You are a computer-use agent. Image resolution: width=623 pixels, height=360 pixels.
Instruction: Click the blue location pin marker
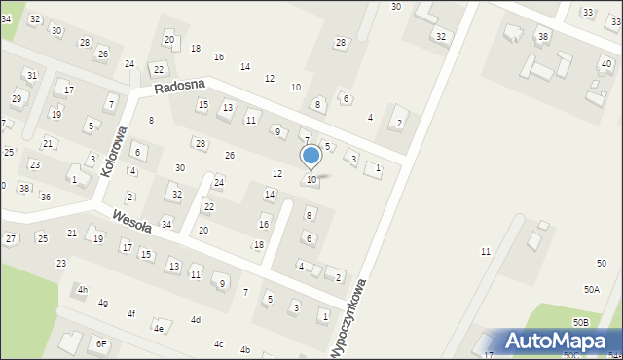(311, 156)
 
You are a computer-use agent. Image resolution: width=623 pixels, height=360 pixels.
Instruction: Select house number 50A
(591, 290)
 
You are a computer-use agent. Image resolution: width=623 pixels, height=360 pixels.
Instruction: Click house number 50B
(580, 322)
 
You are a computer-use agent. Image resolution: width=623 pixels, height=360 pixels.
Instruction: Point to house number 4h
(83, 290)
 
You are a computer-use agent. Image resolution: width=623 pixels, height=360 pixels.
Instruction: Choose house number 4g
(102, 303)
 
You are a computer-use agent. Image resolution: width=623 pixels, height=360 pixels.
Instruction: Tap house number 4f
(130, 313)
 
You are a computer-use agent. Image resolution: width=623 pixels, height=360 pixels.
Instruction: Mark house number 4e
(158, 329)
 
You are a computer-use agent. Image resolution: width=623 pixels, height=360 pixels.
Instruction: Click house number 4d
(195, 320)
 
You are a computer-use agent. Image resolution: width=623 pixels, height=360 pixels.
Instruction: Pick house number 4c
(219, 343)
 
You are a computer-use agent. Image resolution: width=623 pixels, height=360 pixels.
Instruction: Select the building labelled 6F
(101, 343)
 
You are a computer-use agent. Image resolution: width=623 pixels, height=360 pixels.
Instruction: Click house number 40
(606, 63)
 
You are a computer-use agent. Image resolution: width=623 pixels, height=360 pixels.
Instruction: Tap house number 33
(587, 12)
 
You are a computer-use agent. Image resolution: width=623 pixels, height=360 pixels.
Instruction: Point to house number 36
(45, 197)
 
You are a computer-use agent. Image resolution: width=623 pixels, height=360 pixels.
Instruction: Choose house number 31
(31, 75)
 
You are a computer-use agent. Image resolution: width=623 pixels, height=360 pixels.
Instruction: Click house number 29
(16, 99)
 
